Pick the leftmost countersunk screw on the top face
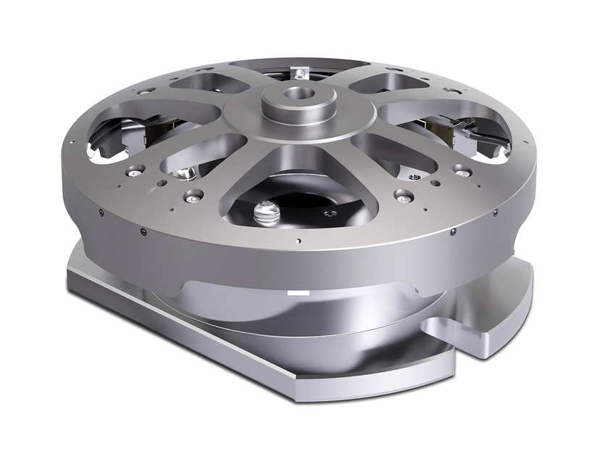pyautogui.click(x=135, y=172)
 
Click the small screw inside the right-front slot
pyautogui.click(x=414, y=176)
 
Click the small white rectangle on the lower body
pyautogui.click(x=298, y=293)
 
